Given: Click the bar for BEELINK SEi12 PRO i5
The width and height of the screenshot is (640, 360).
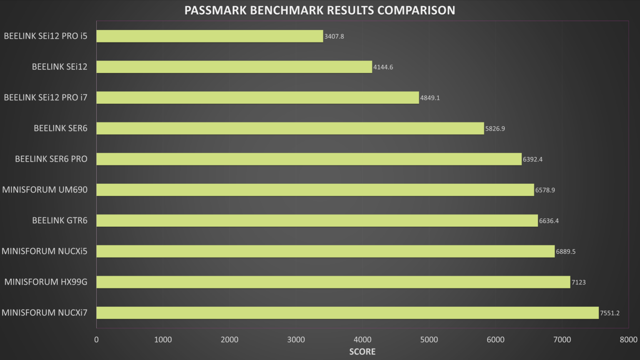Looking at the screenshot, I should click(210, 36).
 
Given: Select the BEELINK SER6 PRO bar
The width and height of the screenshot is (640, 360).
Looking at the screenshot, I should click(309, 159).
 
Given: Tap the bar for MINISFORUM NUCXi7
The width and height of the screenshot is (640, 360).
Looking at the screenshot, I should click(347, 313).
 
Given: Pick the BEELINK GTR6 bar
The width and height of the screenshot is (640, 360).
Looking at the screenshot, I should click(317, 221).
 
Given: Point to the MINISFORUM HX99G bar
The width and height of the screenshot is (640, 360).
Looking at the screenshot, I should click(333, 282).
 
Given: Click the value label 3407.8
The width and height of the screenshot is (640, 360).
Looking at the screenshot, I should click(334, 37).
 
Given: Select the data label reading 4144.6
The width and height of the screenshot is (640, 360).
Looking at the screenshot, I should click(383, 67).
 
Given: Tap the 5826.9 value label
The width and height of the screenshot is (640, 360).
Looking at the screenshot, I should click(495, 129).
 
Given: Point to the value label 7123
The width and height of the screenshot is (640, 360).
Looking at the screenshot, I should click(578, 282).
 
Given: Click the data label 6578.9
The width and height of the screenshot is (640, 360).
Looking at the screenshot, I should click(545, 190).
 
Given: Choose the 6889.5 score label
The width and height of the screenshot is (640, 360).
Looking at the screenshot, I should click(565, 252).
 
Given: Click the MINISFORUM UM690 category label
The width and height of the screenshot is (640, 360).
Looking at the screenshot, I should click(45, 190).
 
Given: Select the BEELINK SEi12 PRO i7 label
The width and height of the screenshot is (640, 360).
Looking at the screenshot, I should click(46, 97).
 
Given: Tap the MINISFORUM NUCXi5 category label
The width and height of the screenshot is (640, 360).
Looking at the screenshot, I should click(45, 251).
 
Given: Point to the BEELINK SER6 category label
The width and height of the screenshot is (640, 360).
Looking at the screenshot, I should click(60, 128).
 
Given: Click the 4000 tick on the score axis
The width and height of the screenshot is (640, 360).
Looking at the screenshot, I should click(362, 340).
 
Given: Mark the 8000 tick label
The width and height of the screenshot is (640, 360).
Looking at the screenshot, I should click(628, 340).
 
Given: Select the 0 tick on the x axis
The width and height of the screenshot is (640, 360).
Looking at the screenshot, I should click(96, 340).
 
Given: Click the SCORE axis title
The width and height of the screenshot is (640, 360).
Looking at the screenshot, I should click(362, 352).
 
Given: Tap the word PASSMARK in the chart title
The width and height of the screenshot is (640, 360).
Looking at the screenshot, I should click(215, 10).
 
